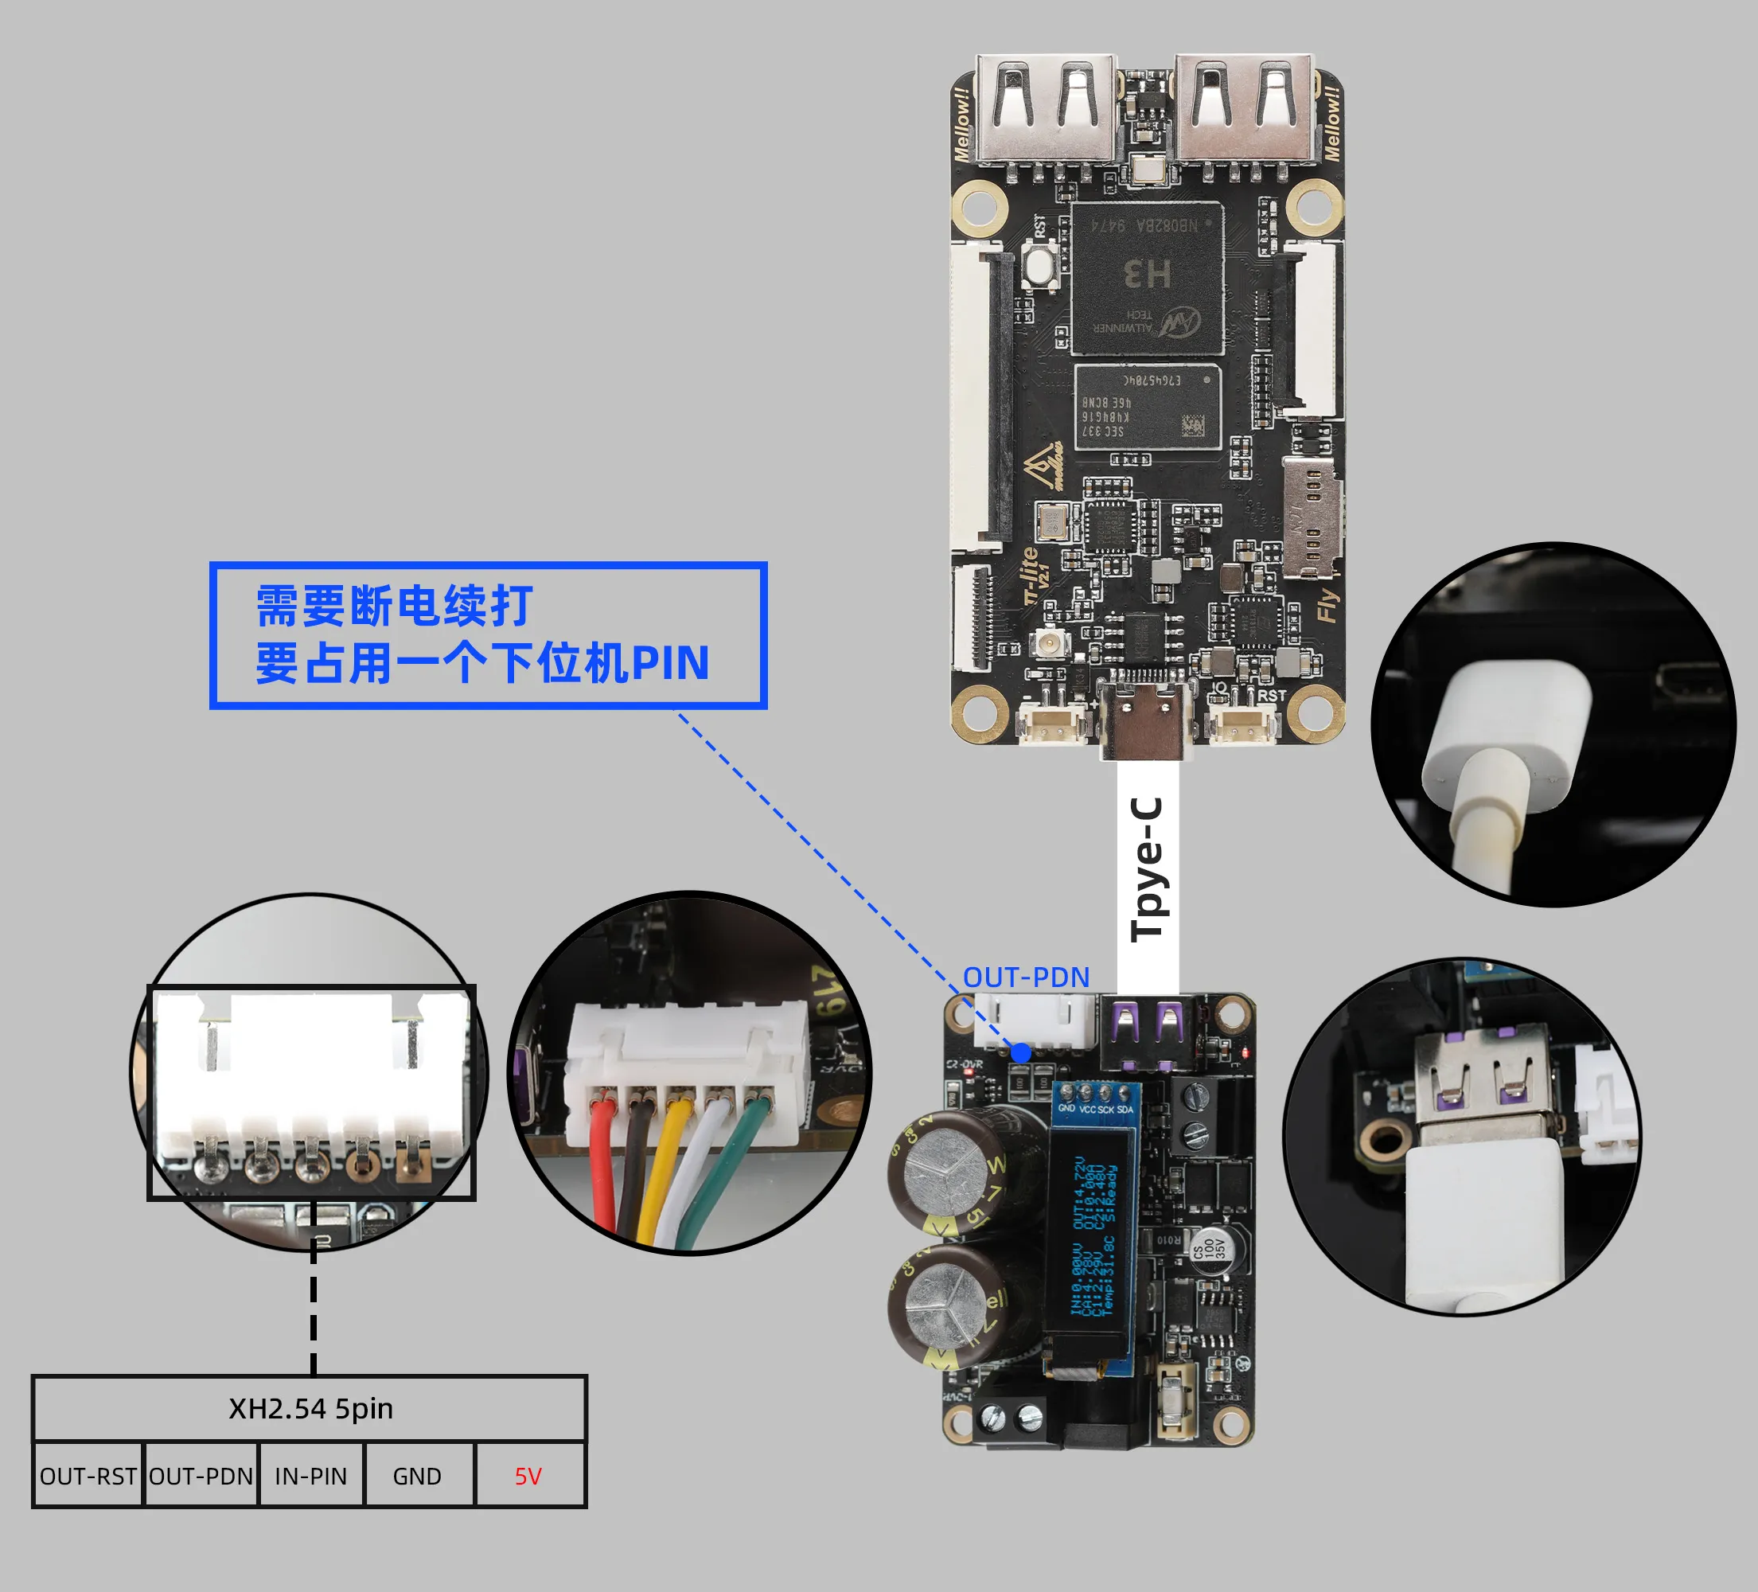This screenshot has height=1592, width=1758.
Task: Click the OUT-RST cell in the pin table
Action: (x=88, y=1476)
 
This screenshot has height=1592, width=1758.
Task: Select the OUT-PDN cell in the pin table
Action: (x=201, y=1476)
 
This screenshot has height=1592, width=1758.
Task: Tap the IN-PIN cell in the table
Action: (x=311, y=1476)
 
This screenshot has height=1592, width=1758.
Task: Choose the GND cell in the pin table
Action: (x=417, y=1476)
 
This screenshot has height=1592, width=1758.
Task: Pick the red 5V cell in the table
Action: (x=528, y=1476)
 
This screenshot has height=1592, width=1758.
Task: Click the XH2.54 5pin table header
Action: (x=310, y=1409)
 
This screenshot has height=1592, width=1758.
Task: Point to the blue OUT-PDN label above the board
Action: (x=1027, y=977)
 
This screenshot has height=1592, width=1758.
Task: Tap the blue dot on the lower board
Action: (x=1021, y=1053)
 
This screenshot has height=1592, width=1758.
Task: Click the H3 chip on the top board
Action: (x=1147, y=277)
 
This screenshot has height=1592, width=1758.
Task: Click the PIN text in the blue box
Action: (x=671, y=663)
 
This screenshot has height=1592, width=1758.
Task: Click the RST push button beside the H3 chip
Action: (x=1041, y=265)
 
